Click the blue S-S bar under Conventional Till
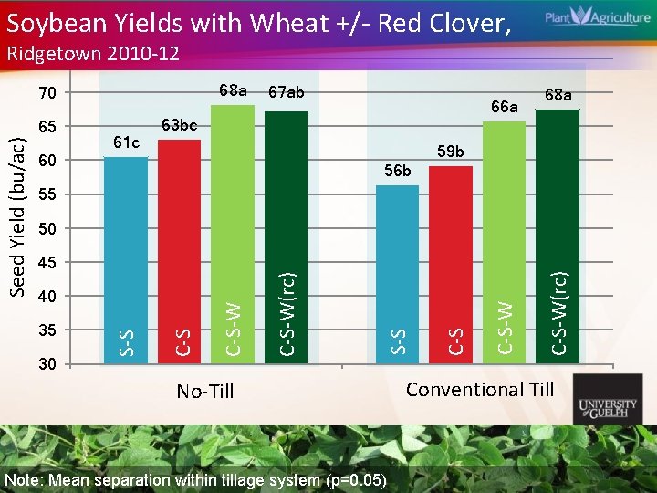397,274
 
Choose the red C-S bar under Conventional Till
450,265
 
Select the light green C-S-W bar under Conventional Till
504,242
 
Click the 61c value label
125,142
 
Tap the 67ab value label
287,92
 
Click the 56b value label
398,171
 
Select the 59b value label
450,151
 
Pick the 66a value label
503,108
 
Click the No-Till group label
204,392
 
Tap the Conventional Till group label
480,390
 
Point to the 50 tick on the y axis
47,228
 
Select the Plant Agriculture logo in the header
585,18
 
